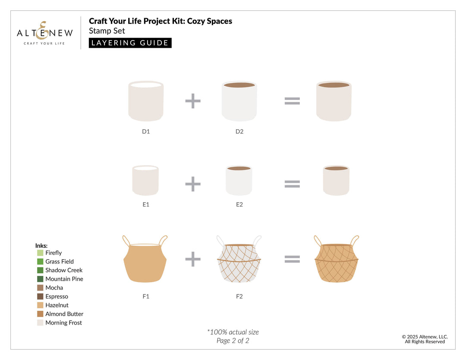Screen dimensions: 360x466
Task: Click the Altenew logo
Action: (x=45, y=33)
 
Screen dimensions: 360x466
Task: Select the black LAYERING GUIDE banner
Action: (x=130, y=43)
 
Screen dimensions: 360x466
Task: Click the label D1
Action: (x=146, y=131)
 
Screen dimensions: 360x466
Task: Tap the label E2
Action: (x=239, y=204)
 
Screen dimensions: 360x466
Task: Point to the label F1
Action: (x=146, y=297)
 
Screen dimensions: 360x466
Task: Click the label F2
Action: (x=239, y=297)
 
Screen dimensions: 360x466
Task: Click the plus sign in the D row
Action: (x=193, y=101)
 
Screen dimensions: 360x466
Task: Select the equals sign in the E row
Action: (x=292, y=184)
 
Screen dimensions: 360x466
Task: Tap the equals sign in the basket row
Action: (x=292, y=259)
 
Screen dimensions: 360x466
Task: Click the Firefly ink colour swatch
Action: (x=40, y=253)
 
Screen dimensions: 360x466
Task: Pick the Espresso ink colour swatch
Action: (x=40, y=297)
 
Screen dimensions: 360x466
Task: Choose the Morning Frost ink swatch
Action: (x=40, y=322)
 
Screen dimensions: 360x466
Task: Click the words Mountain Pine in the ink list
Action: (x=64, y=279)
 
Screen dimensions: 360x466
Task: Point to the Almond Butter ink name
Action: (x=64, y=314)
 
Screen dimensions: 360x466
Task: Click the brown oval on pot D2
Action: (x=239, y=85)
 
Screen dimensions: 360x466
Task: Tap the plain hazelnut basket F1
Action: (x=145, y=263)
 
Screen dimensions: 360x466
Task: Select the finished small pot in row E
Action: (x=336, y=181)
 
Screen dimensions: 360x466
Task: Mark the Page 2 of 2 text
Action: (x=233, y=341)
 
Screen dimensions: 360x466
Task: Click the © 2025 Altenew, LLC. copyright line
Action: (x=425, y=337)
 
